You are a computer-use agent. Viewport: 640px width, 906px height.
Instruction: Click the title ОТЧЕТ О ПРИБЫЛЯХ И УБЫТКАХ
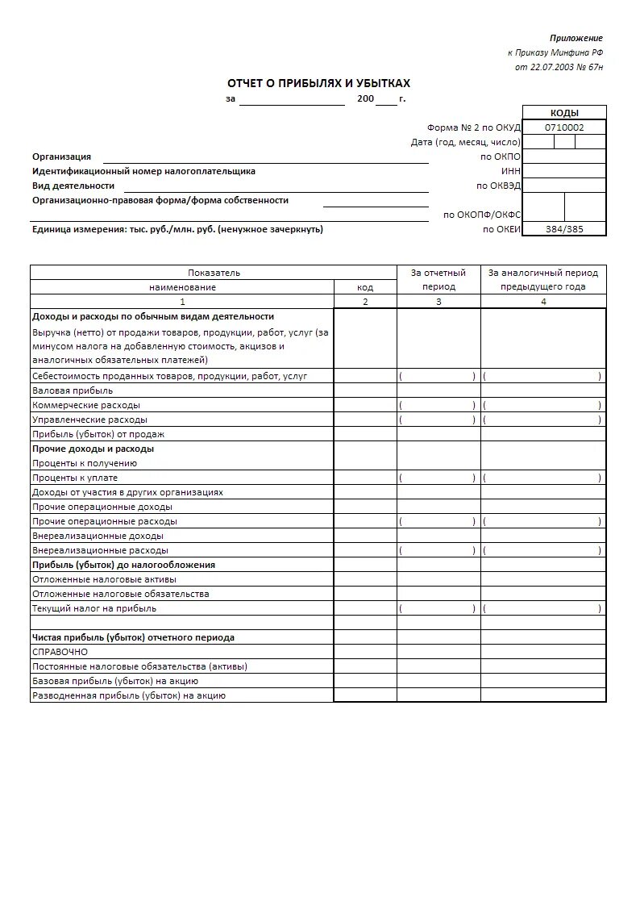point(318,83)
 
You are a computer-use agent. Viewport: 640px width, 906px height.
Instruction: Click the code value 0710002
point(564,127)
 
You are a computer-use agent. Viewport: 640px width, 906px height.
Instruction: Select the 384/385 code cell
point(564,229)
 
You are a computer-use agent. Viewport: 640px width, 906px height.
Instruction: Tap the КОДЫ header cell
point(564,113)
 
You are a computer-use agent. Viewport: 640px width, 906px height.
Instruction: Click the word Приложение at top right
point(576,38)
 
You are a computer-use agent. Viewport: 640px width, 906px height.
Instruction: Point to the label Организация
point(62,157)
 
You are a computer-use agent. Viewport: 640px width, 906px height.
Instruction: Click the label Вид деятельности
point(73,186)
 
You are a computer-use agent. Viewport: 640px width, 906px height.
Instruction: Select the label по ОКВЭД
point(499,186)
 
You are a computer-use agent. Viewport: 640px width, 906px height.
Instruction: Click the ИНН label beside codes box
point(511,171)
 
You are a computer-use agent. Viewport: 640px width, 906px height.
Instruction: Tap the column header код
point(365,287)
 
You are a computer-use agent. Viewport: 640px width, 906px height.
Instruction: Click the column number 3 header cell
point(438,302)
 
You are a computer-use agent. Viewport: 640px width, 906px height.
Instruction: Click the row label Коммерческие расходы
point(85,405)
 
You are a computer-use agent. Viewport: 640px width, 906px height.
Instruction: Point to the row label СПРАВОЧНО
point(60,652)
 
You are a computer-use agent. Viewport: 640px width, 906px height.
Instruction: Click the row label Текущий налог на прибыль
point(94,608)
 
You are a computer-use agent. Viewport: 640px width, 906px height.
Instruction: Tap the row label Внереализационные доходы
point(98,536)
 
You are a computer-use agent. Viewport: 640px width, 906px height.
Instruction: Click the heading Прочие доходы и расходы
point(93,449)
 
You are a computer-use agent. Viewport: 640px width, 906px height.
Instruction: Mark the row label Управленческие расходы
point(89,420)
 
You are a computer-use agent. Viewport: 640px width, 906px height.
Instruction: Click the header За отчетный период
point(438,279)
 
